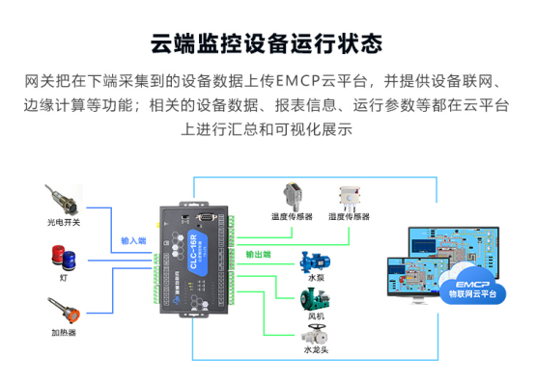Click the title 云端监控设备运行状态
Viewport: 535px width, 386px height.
pyautogui.click(x=267, y=44)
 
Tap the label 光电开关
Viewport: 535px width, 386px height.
pyautogui.click(x=64, y=221)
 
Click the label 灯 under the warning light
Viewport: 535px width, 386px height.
pyautogui.click(x=64, y=278)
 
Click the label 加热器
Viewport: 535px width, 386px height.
pyautogui.click(x=64, y=333)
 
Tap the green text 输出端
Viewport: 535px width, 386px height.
pyautogui.click(x=258, y=255)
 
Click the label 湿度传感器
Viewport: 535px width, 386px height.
pyautogui.click(x=350, y=217)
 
